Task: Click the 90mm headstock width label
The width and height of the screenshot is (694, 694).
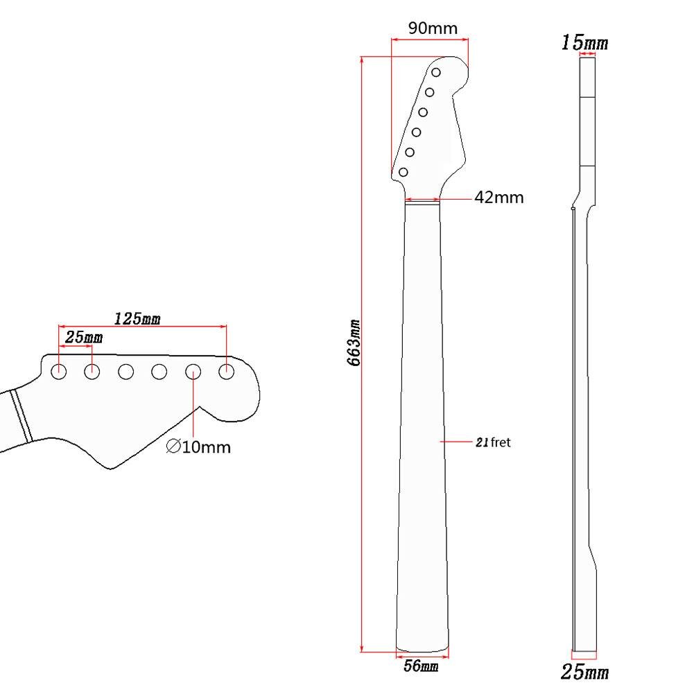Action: click(433, 28)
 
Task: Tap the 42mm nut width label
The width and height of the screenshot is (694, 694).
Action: click(498, 198)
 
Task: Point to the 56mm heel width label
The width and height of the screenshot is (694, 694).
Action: click(421, 667)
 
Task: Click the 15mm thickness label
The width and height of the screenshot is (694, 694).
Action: click(584, 43)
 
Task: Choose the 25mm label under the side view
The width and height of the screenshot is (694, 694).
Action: click(584, 672)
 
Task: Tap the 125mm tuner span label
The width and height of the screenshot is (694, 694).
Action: click(137, 319)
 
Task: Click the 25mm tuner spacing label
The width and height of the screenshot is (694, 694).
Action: click(83, 337)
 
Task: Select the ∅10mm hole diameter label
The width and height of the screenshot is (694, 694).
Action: click(198, 447)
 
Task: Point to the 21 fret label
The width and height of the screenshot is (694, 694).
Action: click(493, 442)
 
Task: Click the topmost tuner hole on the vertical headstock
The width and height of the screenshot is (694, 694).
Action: click(436, 72)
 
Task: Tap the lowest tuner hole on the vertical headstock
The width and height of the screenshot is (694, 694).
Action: click(403, 171)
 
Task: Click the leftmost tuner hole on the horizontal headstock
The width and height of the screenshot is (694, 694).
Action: click(59, 372)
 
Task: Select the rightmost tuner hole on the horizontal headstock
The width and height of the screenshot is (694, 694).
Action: click(226, 372)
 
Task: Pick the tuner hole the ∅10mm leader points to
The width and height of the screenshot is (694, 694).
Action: click(193, 372)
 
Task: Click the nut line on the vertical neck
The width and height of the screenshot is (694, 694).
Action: click(422, 200)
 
